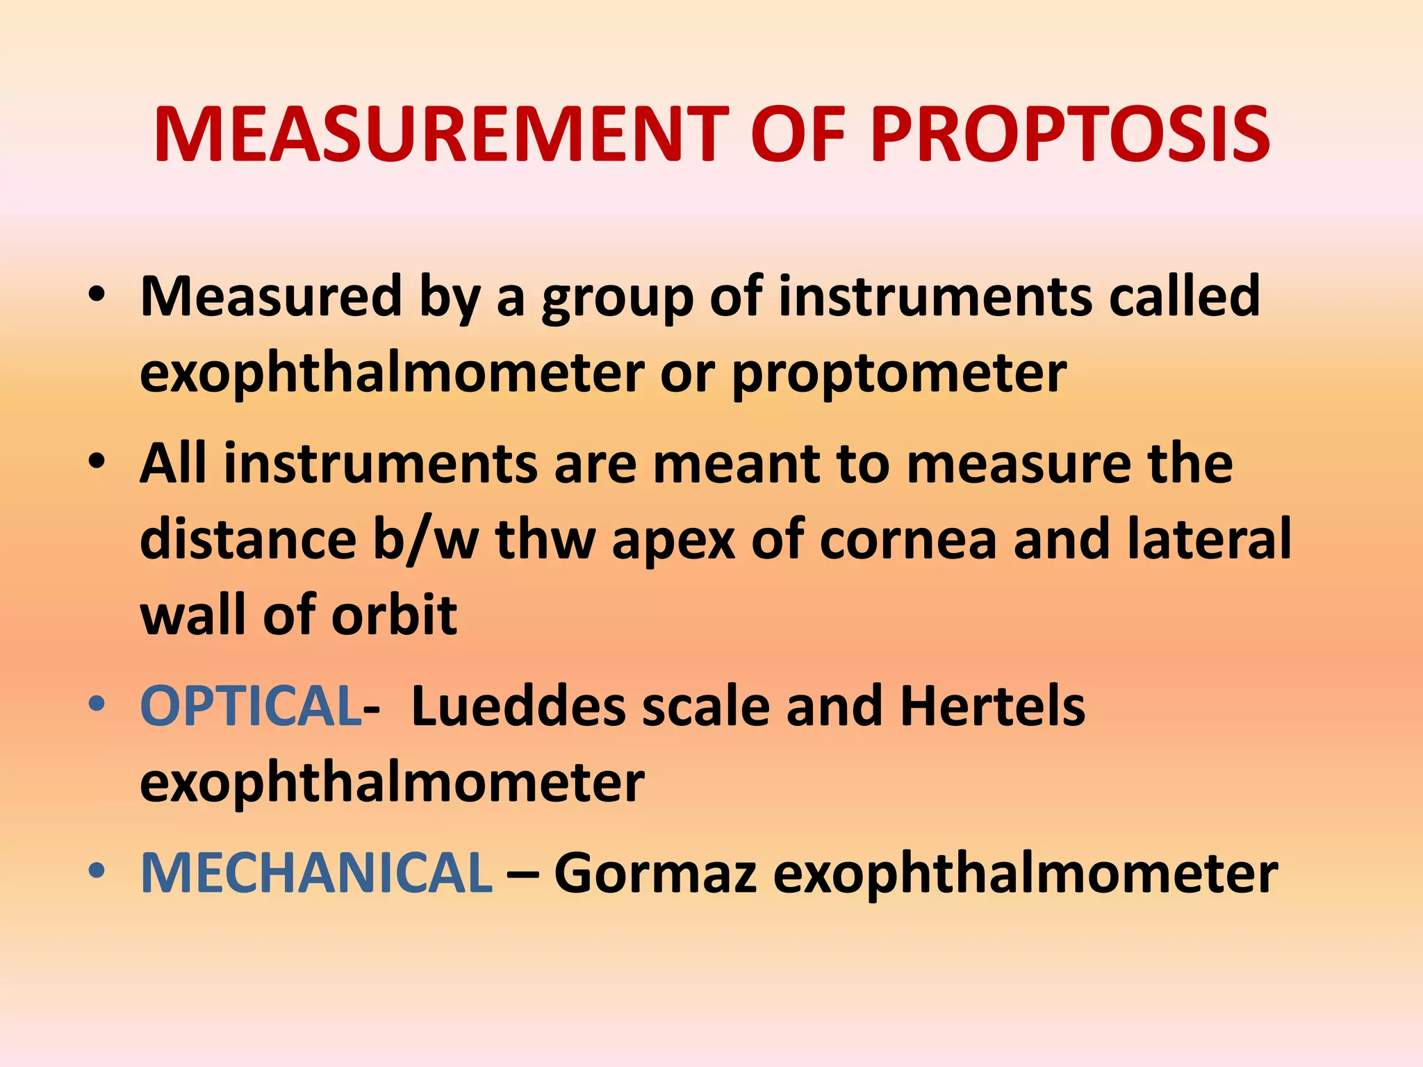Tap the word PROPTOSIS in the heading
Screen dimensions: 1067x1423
pos(1070,135)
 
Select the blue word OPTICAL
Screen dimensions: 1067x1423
pos(250,706)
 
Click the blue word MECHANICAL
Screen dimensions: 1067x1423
pos(317,873)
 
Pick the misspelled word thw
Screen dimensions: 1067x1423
pos(545,540)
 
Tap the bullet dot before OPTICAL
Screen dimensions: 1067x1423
pos(97,704)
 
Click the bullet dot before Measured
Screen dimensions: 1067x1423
pos(97,294)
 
